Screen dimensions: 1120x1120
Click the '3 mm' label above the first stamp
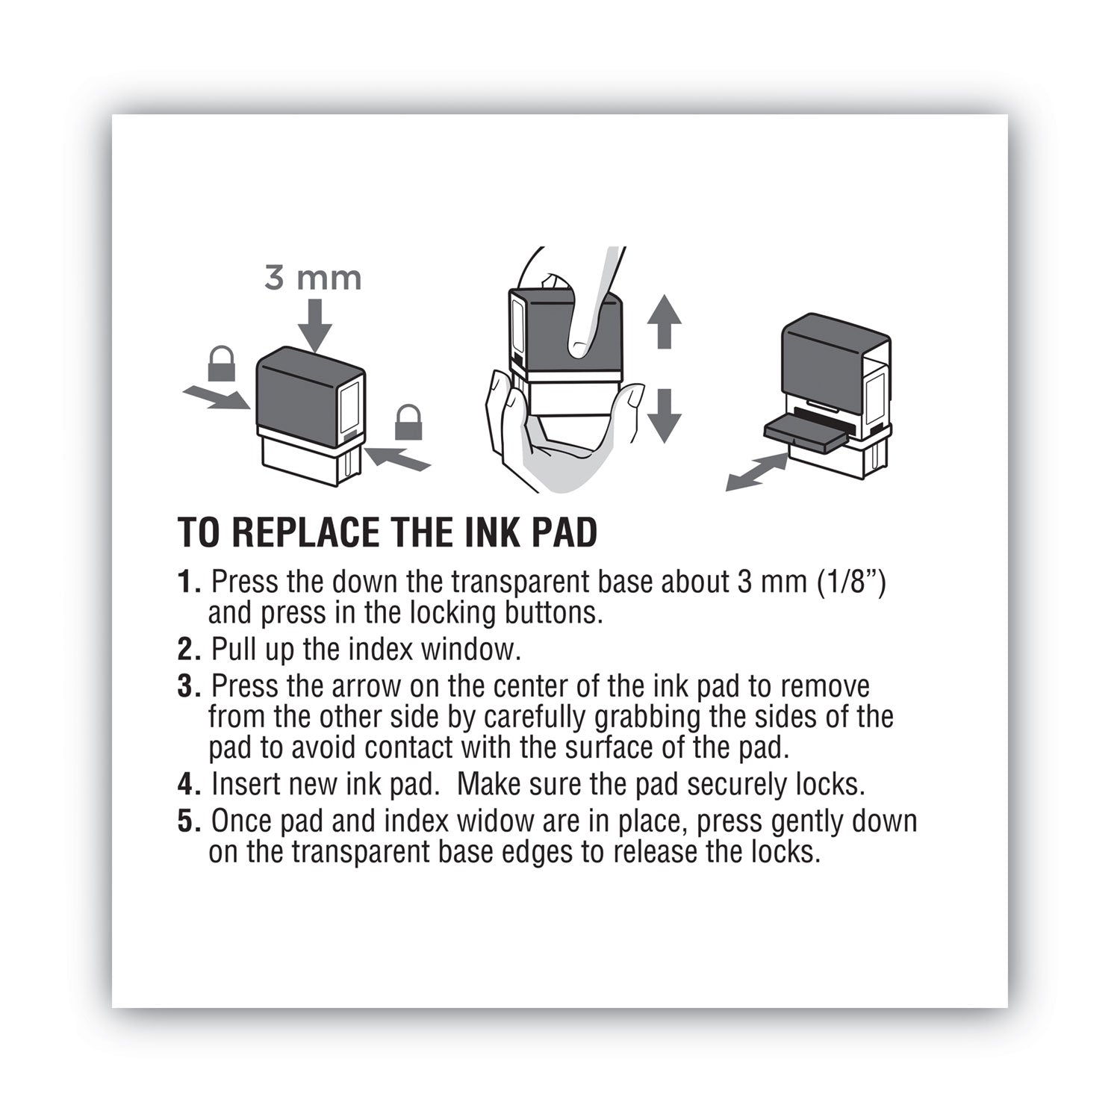click(x=313, y=279)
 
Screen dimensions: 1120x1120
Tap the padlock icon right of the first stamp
click(x=408, y=423)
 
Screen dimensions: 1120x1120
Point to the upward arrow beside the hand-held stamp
click(x=664, y=320)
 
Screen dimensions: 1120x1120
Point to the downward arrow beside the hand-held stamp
click(x=664, y=415)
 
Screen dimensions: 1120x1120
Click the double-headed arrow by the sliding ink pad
click(x=757, y=473)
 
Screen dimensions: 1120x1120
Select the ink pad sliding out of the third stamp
click(x=806, y=433)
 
